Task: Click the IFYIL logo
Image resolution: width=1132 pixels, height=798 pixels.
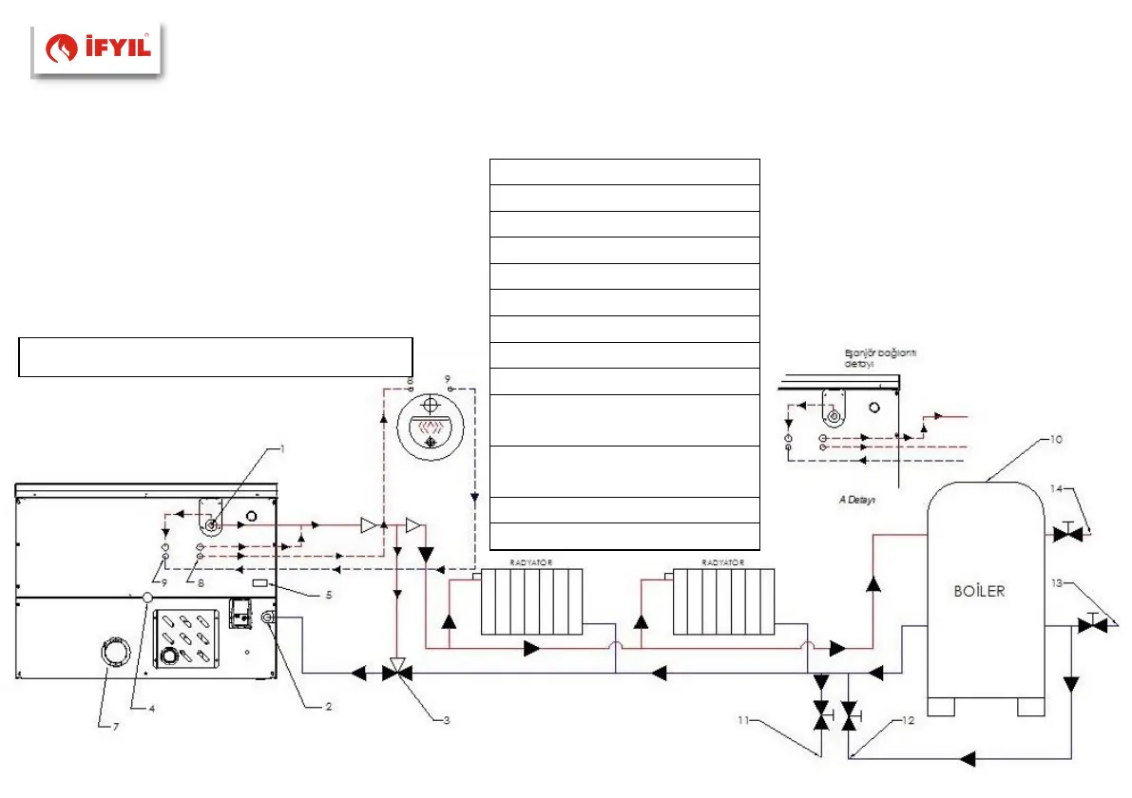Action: coord(98,50)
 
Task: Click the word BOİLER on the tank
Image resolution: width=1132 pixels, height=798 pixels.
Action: coord(979,590)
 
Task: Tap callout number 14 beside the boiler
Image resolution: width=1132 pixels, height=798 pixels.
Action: coord(1057,490)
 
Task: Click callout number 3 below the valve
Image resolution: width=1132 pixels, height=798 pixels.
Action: coord(446,720)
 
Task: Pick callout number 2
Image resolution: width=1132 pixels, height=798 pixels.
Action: coord(328,707)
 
